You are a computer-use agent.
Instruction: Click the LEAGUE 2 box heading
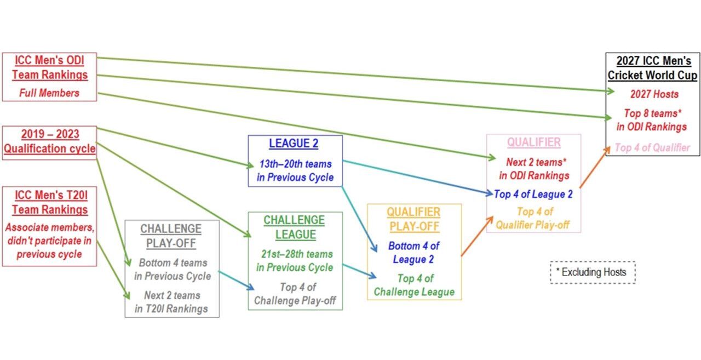pos(294,144)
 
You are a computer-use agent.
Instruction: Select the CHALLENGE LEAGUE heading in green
pos(294,227)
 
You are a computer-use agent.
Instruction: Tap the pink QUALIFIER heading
pos(533,142)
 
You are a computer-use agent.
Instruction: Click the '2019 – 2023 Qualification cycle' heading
pos(50,141)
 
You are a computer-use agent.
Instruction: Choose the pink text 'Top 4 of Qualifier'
pos(652,147)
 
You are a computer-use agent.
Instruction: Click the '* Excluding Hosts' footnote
pos(593,272)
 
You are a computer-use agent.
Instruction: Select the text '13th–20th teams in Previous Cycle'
pos(295,171)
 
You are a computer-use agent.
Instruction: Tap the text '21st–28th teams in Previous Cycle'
pos(295,261)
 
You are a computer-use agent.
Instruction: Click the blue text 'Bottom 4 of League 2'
pos(413,253)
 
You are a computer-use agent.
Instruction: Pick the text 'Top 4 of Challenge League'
pos(414,285)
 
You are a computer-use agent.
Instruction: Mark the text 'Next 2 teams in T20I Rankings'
pos(171,302)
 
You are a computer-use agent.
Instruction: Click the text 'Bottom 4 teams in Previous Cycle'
pos(172,269)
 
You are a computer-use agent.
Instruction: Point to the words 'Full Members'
pos(49,93)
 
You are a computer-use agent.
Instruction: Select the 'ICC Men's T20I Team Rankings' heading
pos(49,202)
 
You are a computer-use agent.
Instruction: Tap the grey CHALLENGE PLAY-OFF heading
pos(171,236)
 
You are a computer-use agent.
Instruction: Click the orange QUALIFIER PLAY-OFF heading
pos(413,219)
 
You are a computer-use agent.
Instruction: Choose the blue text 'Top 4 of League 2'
pos(533,193)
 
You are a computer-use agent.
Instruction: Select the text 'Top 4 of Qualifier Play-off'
pos(533,218)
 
